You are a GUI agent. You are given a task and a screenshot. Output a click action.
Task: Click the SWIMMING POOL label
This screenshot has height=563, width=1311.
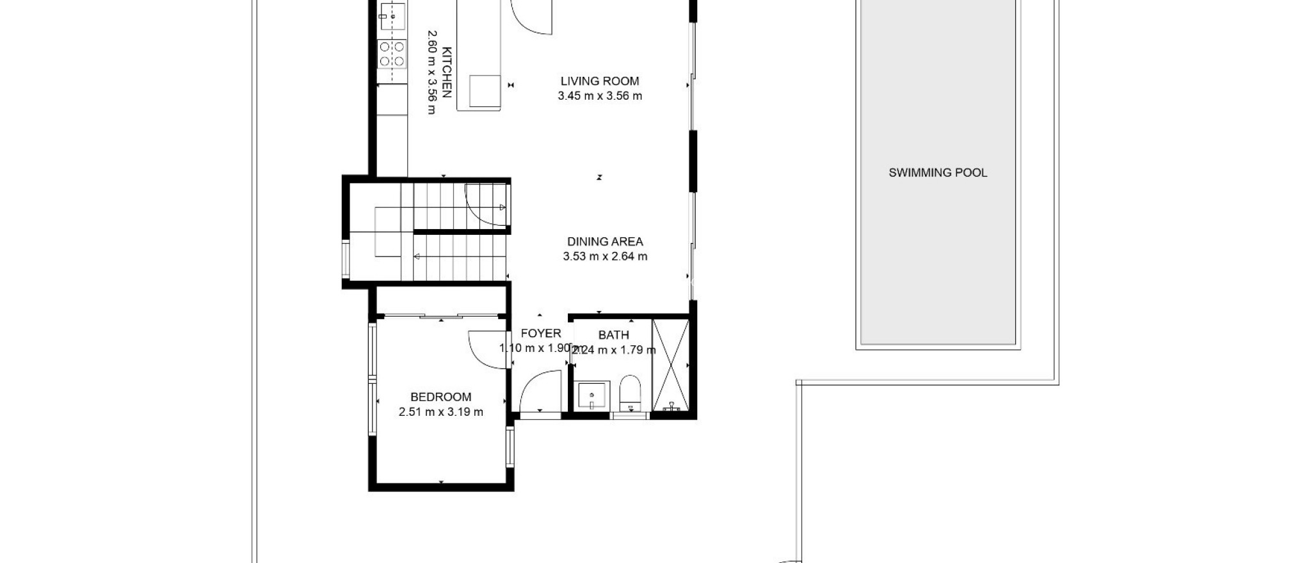click(937, 173)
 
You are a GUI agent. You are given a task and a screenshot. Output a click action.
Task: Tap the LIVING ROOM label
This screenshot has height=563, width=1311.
click(599, 81)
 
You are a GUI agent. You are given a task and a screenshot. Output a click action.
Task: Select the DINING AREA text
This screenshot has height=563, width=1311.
click(604, 242)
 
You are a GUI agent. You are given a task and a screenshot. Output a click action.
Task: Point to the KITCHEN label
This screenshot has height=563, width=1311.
click(447, 72)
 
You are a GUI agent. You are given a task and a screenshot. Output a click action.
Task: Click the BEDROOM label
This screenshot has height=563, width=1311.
click(440, 397)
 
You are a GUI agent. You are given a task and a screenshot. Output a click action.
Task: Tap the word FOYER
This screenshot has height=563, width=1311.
click(540, 333)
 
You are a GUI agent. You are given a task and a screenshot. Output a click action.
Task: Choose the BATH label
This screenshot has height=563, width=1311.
click(613, 335)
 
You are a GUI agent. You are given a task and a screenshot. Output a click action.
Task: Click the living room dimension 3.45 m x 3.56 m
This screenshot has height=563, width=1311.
click(599, 97)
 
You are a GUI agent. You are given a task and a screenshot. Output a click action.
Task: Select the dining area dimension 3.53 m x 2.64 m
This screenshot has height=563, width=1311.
click(604, 257)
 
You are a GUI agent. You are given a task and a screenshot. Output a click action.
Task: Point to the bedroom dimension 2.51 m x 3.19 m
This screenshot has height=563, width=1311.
click(440, 413)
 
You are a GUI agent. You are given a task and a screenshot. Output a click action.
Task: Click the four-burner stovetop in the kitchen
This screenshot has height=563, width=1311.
click(392, 54)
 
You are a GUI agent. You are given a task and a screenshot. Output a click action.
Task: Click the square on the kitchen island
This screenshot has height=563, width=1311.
click(485, 91)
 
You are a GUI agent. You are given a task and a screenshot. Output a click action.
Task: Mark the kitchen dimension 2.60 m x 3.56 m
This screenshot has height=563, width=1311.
click(431, 72)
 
